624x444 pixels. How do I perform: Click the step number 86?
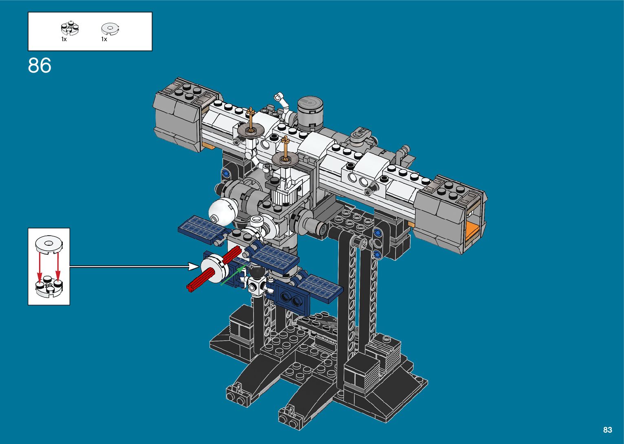(x=40, y=66)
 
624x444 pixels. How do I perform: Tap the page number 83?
(x=608, y=430)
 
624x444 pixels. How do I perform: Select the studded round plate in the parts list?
(x=70, y=28)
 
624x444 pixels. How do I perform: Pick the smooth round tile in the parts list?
(x=110, y=29)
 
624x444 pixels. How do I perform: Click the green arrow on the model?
(x=234, y=275)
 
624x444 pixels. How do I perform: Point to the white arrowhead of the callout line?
(x=194, y=266)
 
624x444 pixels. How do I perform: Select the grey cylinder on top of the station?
(x=310, y=114)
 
